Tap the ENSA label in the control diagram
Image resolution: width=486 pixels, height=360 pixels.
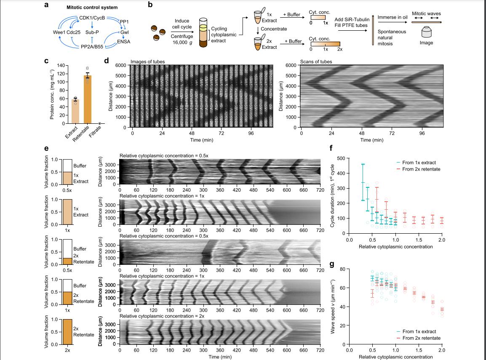point(123,40)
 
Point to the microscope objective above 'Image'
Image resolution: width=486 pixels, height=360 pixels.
point(426,32)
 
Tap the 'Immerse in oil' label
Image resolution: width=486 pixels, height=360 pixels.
point(393,17)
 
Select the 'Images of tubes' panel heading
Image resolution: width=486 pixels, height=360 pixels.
point(147,62)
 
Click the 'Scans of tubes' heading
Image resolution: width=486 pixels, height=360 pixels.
point(316,62)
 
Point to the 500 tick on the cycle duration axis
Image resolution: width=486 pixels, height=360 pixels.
point(341,158)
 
